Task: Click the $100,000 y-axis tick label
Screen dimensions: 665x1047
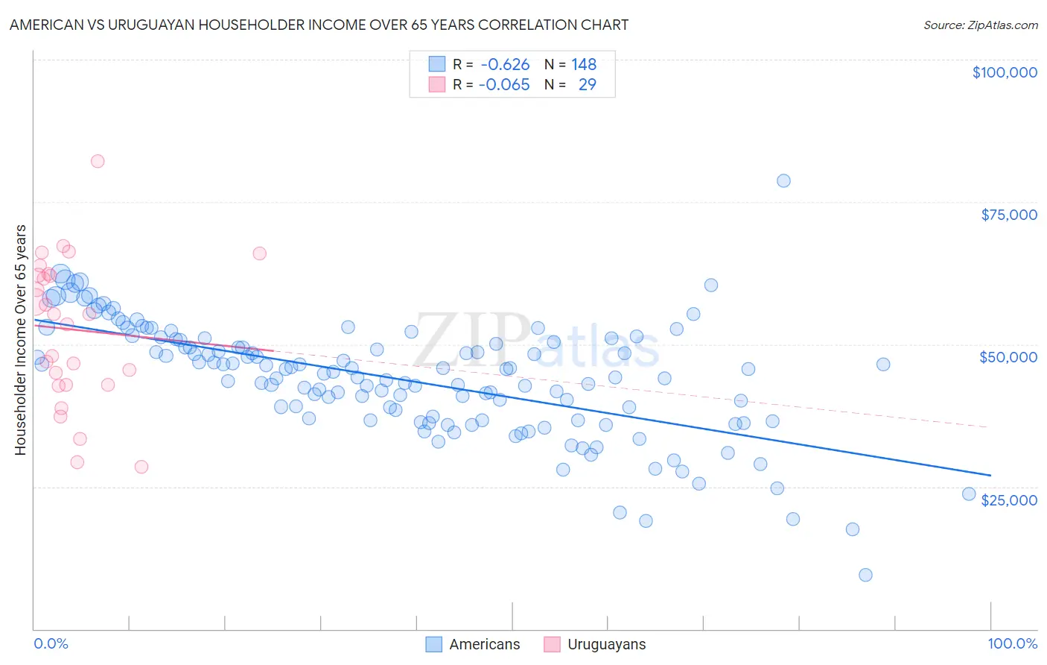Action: coord(1005,72)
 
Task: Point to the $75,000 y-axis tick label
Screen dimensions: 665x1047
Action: coord(1008,215)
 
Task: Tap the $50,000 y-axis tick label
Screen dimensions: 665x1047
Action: coord(1008,357)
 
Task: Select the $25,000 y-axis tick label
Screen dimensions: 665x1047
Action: coord(1008,500)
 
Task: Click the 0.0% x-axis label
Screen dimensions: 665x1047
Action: coord(51,643)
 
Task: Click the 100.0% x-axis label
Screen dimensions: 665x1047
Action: coord(1012,643)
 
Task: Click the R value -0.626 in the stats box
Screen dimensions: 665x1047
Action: coord(505,65)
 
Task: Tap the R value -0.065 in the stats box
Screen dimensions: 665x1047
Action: coord(504,84)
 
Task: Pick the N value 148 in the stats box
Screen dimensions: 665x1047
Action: coord(584,65)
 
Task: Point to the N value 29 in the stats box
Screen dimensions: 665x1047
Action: coord(587,84)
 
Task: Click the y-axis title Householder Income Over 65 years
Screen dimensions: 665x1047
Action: coord(21,339)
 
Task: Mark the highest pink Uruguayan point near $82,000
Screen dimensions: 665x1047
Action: coord(98,161)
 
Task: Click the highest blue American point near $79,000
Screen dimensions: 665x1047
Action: coord(783,180)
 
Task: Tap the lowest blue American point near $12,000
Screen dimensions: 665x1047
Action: coord(865,575)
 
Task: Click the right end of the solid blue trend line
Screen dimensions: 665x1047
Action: coord(990,475)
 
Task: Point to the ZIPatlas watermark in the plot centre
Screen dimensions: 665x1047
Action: coord(536,341)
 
